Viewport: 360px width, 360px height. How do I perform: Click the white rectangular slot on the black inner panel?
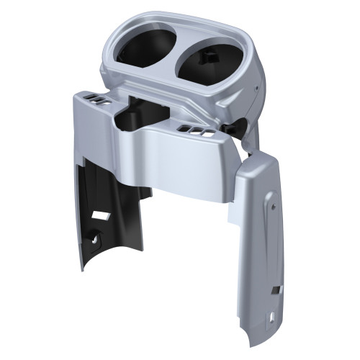coord(101,215)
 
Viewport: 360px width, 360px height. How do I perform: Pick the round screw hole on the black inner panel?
coord(95,235)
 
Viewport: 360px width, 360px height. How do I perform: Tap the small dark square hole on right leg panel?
coord(275,290)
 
